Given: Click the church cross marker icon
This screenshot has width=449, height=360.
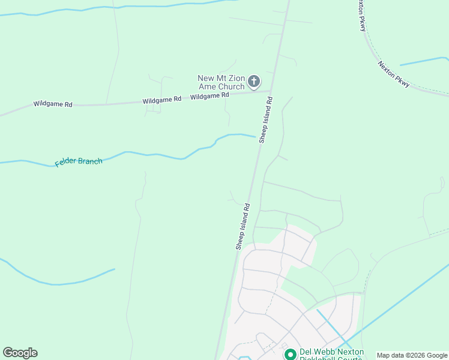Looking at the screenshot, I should point(254,81).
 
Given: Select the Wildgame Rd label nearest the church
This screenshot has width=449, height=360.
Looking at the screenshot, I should point(209,95).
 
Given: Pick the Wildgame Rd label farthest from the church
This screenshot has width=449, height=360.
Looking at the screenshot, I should point(53,104).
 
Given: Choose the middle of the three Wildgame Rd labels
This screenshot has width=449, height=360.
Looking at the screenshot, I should point(161,100).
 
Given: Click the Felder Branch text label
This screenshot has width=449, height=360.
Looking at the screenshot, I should point(79,162).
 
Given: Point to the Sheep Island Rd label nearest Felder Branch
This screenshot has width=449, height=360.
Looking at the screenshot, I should point(266,120).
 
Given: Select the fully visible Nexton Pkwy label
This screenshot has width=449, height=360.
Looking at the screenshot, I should point(394,74).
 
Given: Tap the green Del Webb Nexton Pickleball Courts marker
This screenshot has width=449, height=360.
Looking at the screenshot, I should point(291,355).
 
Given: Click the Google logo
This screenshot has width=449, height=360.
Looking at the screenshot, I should point(20,353).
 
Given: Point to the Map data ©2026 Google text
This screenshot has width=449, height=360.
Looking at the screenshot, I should point(411,355).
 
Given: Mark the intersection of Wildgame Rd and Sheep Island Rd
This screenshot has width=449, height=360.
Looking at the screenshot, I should point(271,91).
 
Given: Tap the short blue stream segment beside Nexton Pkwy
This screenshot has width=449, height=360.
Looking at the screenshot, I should point(424,61).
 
